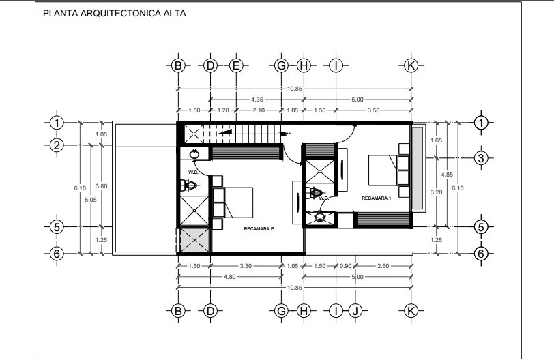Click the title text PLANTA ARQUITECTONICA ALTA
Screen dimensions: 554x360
[x=114, y=14]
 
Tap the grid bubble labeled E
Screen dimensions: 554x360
[x=236, y=65]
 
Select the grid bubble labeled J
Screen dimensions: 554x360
[x=355, y=311]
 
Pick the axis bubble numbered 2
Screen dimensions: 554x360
[x=57, y=145]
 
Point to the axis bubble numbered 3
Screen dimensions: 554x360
[x=480, y=158]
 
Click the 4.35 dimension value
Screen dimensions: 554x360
[x=257, y=100]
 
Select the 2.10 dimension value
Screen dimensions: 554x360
[x=259, y=110]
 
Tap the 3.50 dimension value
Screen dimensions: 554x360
[x=373, y=110]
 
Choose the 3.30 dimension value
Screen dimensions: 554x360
[x=246, y=266]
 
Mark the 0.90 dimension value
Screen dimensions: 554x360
[x=345, y=266]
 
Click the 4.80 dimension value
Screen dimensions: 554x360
[x=229, y=277]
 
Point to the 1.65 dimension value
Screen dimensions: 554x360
[x=437, y=140]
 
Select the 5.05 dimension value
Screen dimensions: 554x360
[x=91, y=200]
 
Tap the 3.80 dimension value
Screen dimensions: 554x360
[x=102, y=186]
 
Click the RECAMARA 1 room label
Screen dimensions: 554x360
[x=377, y=198]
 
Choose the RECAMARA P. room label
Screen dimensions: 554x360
[x=259, y=229]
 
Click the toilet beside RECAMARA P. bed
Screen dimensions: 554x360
[x=188, y=185]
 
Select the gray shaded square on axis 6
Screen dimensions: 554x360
[x=194, y=241]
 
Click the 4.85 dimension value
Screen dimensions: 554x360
[x=447, y=175]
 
